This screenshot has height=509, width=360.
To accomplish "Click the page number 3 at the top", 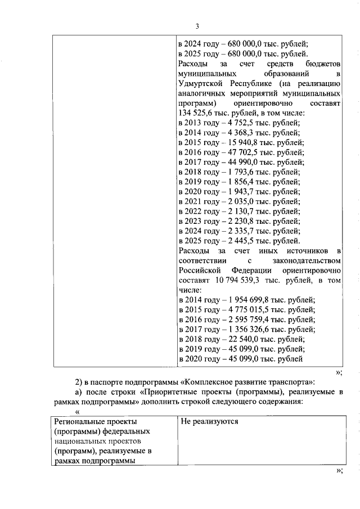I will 197,26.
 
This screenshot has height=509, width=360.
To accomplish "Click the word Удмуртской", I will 200,83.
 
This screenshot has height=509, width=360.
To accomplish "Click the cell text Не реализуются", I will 209,421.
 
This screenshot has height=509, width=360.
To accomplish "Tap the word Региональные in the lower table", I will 79,421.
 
